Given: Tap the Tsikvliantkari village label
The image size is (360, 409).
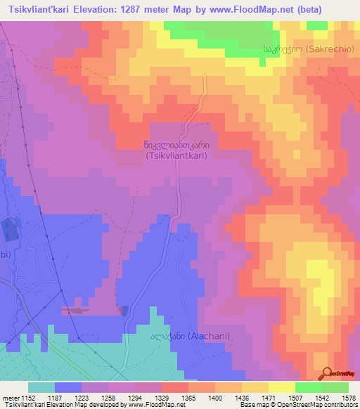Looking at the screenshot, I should [x=176, y=150].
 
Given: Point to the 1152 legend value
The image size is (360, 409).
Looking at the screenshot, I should [x=27, y=398].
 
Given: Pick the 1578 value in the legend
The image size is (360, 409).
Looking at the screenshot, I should [x=348, y=398].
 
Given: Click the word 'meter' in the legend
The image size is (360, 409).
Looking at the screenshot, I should [x=10, y=398].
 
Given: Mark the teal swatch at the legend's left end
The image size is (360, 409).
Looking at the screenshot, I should [x=41, y=388].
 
